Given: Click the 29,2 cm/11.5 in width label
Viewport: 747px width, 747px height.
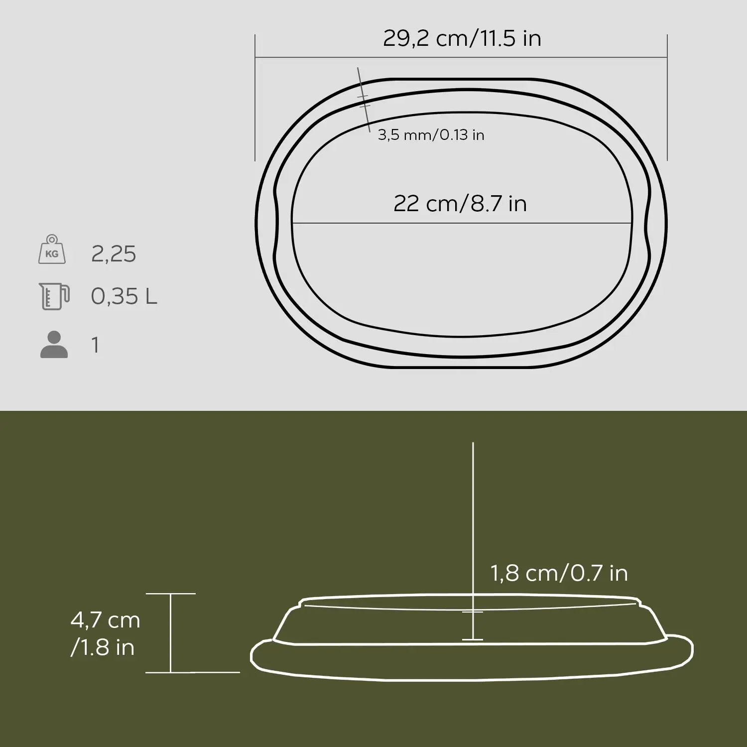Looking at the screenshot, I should (462, 38).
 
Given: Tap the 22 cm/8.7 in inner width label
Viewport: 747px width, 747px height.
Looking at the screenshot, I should (460, 204).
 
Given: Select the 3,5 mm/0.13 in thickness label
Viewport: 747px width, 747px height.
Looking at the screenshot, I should (431, 135).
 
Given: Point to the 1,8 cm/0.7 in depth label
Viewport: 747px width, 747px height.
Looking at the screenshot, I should (559, 573).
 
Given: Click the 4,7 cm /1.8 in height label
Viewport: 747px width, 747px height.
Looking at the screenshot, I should (105, 633).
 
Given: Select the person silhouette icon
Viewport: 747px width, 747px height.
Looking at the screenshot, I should (54, 345).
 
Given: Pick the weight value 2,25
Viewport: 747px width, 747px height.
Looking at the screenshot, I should (114, 254).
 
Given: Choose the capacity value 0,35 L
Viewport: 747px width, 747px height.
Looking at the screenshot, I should (124, 297).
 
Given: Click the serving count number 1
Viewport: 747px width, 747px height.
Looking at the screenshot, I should (95, 345).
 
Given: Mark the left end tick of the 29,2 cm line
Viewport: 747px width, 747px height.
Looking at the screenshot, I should (255, 57).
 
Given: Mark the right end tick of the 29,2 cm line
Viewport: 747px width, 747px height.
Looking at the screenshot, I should (667, 57).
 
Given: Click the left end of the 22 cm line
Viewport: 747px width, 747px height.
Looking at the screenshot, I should (292, 223).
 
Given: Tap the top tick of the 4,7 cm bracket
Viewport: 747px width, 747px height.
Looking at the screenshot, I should (171, 594).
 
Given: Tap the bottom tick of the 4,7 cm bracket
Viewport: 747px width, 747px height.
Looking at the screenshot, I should (171, 672).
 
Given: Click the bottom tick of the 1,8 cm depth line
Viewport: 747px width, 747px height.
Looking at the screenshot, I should (473, 639).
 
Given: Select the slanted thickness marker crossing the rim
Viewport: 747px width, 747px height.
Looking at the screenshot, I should (364, 100).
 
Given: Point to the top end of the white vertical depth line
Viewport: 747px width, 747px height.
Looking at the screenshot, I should (473, 443).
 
